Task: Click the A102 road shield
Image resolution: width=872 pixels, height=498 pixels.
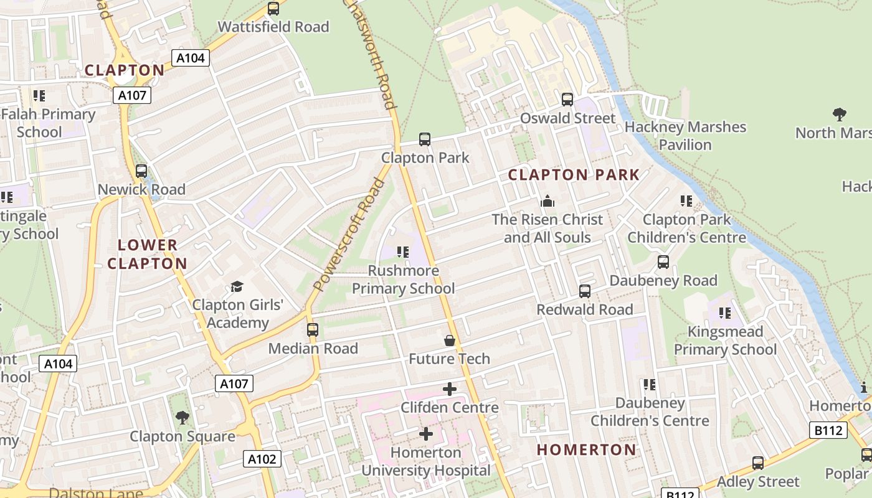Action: [x=262, y=459]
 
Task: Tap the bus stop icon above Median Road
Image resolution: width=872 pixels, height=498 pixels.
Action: [x=313, y=330]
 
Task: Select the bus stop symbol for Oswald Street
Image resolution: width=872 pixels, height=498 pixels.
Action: [x=567, y=100]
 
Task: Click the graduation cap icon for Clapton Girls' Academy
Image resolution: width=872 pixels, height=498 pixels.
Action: [x=237, y=286]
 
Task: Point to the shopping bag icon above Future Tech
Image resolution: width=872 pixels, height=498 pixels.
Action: [x=449, y=341]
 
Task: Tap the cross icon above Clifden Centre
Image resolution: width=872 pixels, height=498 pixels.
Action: [x=449, y=389]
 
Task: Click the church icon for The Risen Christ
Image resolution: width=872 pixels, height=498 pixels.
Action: [x=547, y=201]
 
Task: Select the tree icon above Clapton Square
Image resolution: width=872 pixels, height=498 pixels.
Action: [x=182, y=417]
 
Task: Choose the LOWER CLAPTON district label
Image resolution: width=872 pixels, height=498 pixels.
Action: [x=147, y=254]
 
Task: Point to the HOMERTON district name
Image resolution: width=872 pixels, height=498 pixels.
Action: [x=586, y=449]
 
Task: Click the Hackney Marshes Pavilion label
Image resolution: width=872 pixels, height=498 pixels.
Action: [x=685, y=136]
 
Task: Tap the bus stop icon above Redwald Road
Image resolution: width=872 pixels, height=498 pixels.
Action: [x=584, y=291]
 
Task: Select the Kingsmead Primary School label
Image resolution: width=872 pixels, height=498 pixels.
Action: [x=725, y=341]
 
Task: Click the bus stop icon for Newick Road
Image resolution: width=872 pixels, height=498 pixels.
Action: [x=141, y=171]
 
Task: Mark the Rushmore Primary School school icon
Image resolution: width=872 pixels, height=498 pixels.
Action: [x=403, y=252]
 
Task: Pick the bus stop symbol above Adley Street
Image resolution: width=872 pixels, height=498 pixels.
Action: [x=757, y=463]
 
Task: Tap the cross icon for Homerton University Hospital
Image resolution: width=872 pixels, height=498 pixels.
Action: [x=426, y=433]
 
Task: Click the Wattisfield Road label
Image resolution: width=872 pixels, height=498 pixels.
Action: [x=273, y=27]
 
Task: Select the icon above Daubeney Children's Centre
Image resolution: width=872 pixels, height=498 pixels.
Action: [x=650, y=385]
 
